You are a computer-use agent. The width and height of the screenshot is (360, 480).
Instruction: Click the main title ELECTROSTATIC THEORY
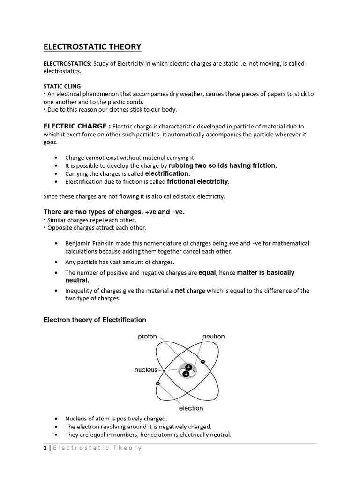point(92,46)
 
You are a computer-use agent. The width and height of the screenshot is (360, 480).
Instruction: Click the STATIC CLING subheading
point(62,86)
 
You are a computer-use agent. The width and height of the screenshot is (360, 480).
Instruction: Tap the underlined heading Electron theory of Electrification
point(95,320)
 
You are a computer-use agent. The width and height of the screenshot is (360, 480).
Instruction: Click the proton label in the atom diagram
point(147,337)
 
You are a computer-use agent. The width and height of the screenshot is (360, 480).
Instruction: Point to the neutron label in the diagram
point(213,337)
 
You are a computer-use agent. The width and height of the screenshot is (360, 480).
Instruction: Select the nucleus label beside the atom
point(146,370)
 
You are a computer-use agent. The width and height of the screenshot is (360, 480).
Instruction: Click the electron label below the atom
point(191,408)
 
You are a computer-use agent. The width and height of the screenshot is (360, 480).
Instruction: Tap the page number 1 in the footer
point(45,448)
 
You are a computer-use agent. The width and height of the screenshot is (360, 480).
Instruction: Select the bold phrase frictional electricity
point(195,181)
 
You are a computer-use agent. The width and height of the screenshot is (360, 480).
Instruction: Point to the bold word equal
point(207,272)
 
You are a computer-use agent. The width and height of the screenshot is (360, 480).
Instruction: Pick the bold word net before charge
point(180,291)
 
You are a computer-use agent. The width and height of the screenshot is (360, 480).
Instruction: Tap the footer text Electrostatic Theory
point(97,448)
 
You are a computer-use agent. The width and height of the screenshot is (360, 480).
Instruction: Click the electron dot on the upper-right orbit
point(202,362)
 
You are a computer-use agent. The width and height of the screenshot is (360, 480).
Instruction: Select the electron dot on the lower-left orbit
point(158,383)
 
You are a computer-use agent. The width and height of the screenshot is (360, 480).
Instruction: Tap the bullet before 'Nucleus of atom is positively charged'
point(56,418)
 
